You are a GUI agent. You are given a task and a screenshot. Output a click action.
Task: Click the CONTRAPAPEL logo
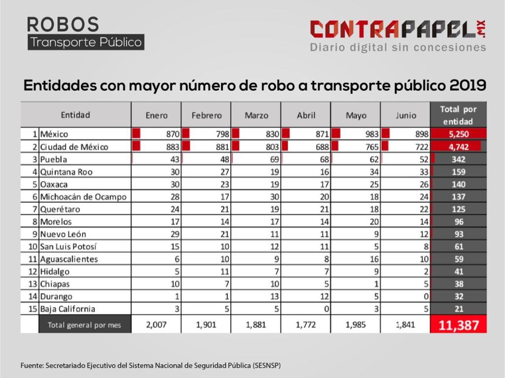397,30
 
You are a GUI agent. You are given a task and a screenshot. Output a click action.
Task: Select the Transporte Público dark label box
86,42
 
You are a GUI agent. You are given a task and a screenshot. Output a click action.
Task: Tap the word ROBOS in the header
63,24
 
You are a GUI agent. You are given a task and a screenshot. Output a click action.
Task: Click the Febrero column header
206,115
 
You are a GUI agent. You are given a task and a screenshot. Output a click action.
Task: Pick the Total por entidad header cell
458,115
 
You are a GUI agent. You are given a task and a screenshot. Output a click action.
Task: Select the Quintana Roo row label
67,172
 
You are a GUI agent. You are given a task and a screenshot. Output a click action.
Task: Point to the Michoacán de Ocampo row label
83,197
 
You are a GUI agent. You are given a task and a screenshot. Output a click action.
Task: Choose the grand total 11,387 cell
458,325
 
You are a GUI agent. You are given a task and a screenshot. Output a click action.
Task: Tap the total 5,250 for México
458,134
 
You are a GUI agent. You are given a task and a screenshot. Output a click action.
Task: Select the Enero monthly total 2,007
157,325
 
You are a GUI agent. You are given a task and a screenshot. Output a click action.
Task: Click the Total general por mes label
84,325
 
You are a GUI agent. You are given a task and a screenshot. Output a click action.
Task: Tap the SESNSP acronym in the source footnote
267,366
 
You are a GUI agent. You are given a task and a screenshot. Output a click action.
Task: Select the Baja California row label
69,309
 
